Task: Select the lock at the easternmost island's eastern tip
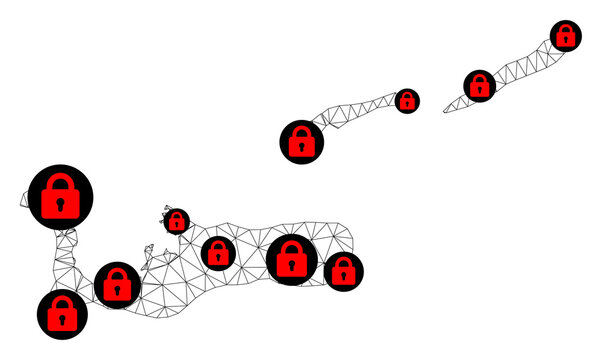point(566,36)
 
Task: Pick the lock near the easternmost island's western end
point(480,86)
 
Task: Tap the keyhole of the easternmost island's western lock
point(480,91)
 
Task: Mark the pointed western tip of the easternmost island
point(444,109)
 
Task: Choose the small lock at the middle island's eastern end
point(406,101)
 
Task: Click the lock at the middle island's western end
point(301,142)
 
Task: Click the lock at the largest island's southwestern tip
point(62,314)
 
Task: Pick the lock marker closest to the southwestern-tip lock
point(117,285)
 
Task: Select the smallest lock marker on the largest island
point(177,221)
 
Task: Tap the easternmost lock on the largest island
point(343,270)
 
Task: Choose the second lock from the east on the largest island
point(291,260)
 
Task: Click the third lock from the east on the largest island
point(217,253)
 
